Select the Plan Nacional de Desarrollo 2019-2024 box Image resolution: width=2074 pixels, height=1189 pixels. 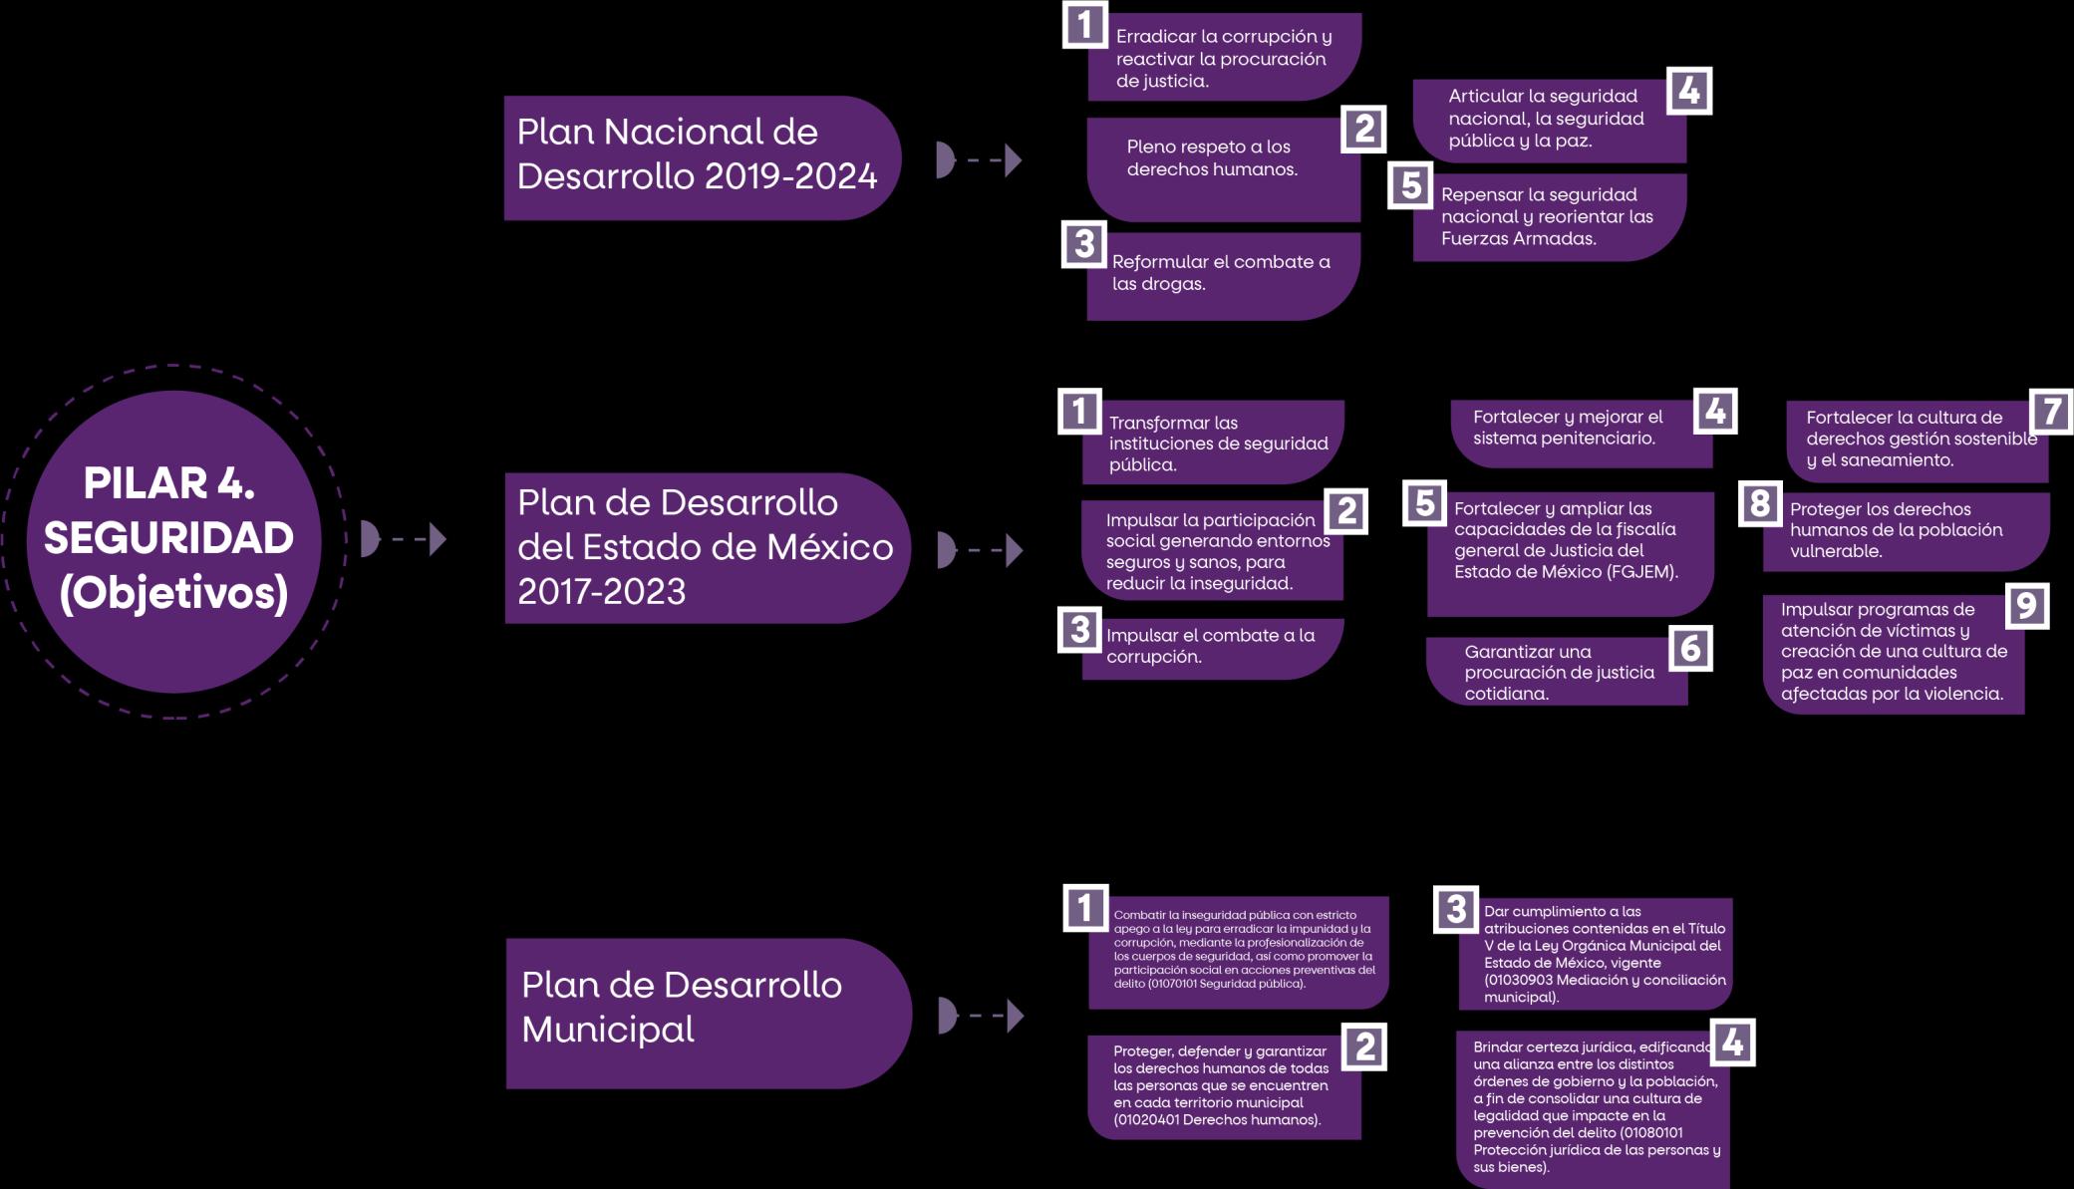click(701, 156)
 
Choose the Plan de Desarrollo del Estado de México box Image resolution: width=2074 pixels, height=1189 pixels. click(706, 547)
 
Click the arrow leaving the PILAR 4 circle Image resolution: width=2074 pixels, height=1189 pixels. click(403, 539)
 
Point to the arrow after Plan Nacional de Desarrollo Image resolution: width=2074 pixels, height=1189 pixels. click(979, 159)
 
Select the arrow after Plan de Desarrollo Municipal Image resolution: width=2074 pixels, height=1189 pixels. click(981, 1016)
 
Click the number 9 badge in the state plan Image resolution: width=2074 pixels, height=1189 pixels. click(2026, 605)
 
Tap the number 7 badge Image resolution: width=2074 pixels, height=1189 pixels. click(2051, 411)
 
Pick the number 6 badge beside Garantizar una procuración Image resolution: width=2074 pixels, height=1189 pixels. click(1690, 649)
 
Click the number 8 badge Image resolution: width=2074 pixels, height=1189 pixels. click(1760, 503)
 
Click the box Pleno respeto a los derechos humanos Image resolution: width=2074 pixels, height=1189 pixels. click(1223, 167)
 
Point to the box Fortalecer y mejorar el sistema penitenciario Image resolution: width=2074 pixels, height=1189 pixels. click(1579, 433)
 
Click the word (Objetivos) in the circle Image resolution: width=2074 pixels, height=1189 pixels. click(173, 594)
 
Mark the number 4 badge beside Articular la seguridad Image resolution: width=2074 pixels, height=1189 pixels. click(1688, 91)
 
